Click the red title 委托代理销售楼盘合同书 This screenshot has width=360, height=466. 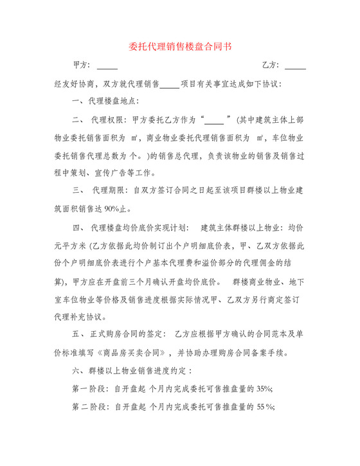[179, 47]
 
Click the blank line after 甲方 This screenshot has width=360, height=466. [107, 66]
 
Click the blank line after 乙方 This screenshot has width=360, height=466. [295, 66]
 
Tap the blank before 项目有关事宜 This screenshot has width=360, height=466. [170, 84]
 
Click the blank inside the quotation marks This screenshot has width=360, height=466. [213, 120]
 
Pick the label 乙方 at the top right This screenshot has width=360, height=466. [270, 66]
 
